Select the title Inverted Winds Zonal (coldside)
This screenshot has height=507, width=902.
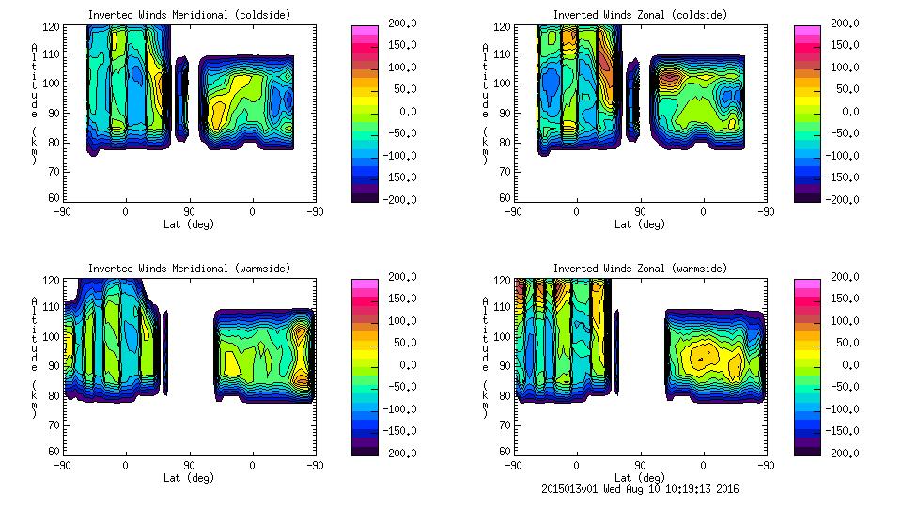[x=639, y=15]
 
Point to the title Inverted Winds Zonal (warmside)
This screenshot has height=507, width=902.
[x=639, y=269]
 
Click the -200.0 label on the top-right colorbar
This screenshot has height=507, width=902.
[x=843, y=199]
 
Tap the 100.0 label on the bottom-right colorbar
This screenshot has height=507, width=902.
[x=843, y=321]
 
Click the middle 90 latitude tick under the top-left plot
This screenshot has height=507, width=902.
[x=189, y=212]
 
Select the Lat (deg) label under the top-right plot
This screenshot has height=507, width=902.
[x=639, y=224]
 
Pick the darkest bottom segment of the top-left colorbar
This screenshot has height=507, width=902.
[x=364, y=195]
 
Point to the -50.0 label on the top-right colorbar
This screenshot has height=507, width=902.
[x=843, y=133]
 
